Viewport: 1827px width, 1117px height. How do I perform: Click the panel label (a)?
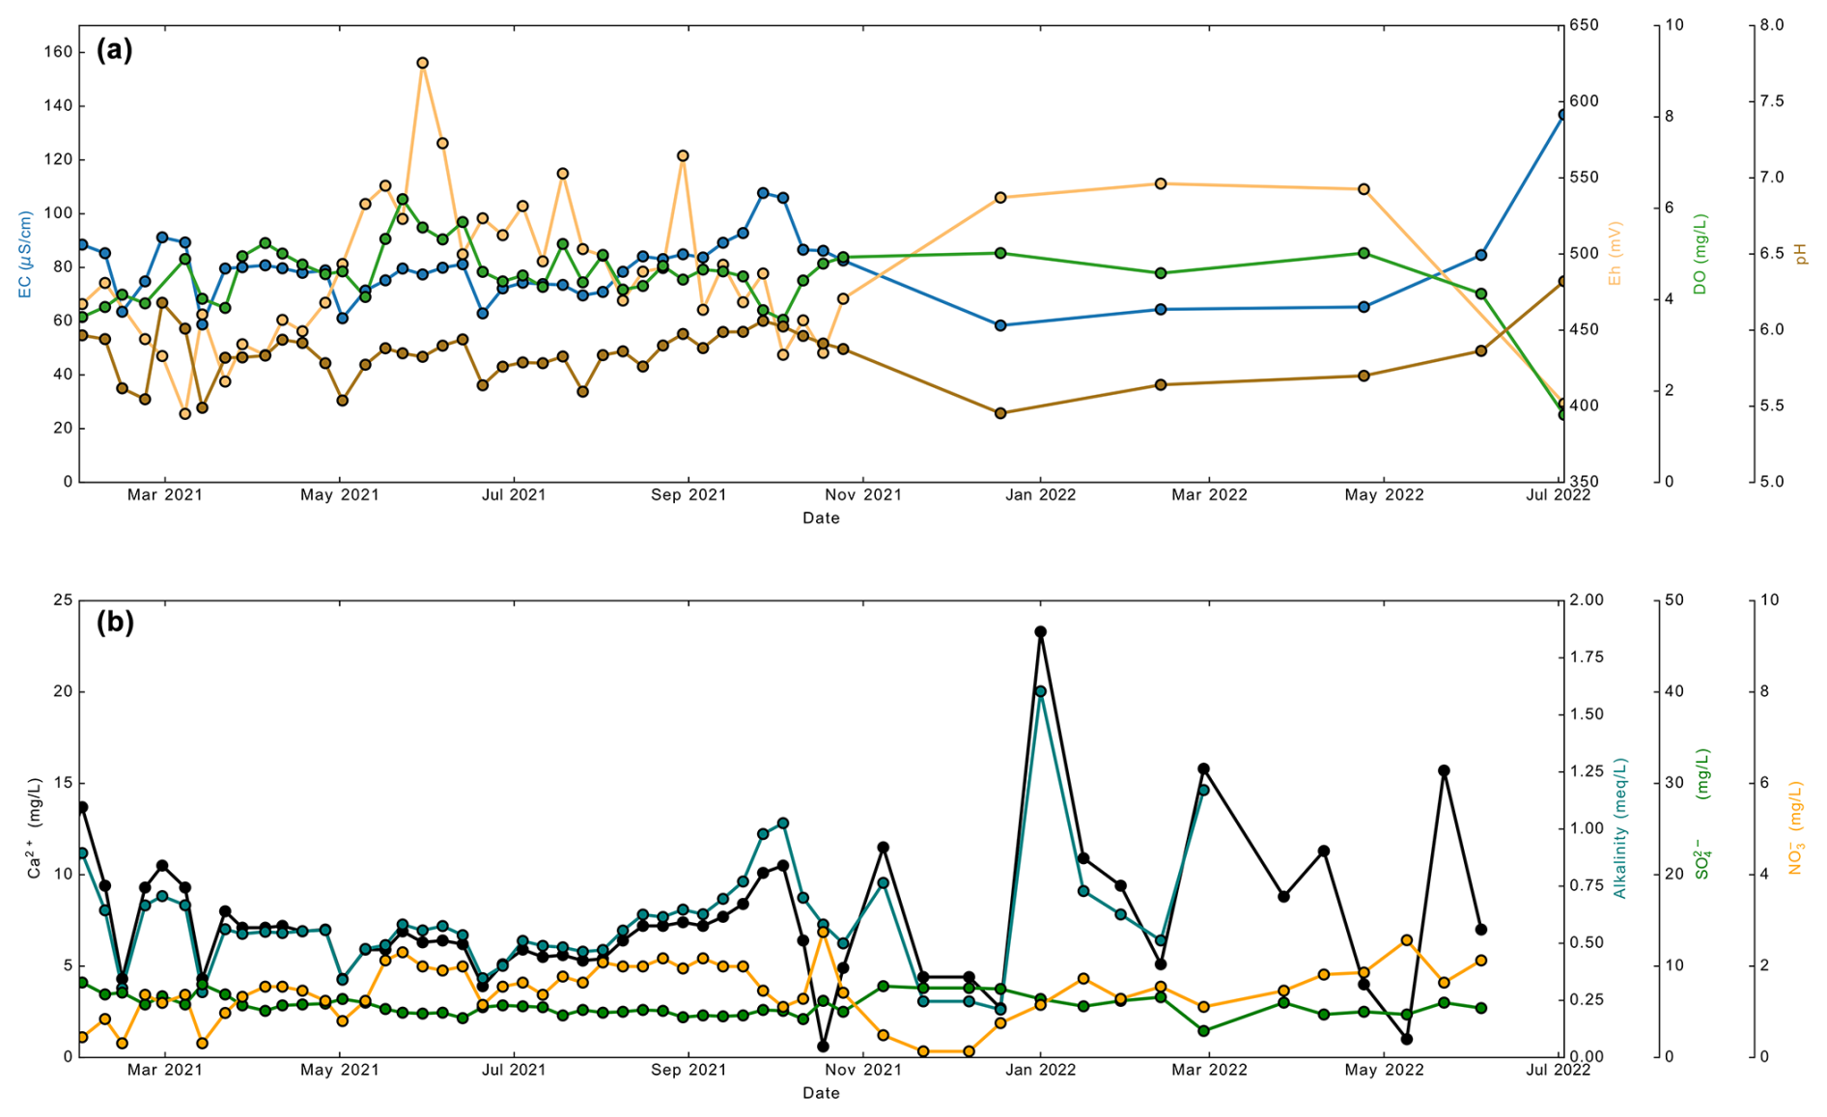coord(114,50)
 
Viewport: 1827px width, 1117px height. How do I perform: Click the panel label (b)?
coord(115,623)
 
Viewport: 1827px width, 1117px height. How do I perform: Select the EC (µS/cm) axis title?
coord(25,255)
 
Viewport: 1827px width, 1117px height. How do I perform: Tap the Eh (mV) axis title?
coord(1615,253)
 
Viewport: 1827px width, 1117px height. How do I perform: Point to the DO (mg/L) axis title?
coord(1700,254)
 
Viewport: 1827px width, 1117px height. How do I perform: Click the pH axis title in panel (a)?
coord(1800,254)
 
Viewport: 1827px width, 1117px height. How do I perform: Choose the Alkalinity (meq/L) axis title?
coord(1620,828)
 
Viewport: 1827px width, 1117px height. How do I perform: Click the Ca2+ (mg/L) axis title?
coord(35,828)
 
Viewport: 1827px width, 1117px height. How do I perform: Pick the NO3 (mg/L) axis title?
coord(1795,828)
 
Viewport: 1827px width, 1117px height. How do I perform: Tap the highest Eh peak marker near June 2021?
coord(422,63)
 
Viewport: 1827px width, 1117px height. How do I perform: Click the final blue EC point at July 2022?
coord(1561,114)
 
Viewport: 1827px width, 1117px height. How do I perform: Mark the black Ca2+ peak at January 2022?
coord(1040,631)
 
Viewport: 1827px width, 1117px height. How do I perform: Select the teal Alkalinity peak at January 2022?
coord(1040,691)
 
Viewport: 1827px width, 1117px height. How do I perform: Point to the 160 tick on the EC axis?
coord(58,52)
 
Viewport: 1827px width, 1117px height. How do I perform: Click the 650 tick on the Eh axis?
coord(1584,25)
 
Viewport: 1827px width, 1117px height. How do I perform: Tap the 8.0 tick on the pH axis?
coord(1771,25)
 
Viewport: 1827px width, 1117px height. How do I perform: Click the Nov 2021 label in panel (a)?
coord(863,495)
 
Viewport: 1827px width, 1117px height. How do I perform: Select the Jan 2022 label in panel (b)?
coord(1040,1070)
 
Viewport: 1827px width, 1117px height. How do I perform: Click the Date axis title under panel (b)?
coord(821,1093)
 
